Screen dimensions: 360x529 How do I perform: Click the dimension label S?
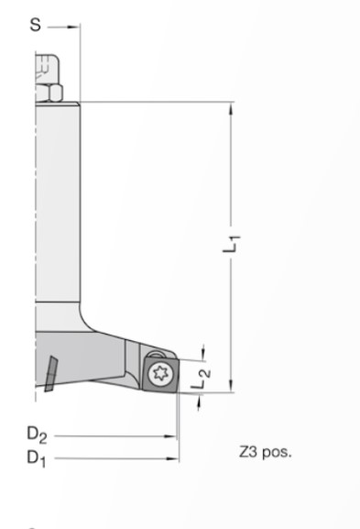(36, 25)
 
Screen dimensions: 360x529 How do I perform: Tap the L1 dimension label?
(232, 243)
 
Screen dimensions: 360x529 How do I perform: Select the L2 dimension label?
(201, 378)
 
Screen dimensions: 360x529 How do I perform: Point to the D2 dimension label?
(37, 435)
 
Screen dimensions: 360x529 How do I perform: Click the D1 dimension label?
(37, 458)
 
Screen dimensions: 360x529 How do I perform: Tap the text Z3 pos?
(266, 452)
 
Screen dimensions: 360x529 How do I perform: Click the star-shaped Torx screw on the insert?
(159, 373)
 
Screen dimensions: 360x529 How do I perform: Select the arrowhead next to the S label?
(73, 27)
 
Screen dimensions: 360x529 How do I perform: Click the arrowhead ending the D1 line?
(172, 458)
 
